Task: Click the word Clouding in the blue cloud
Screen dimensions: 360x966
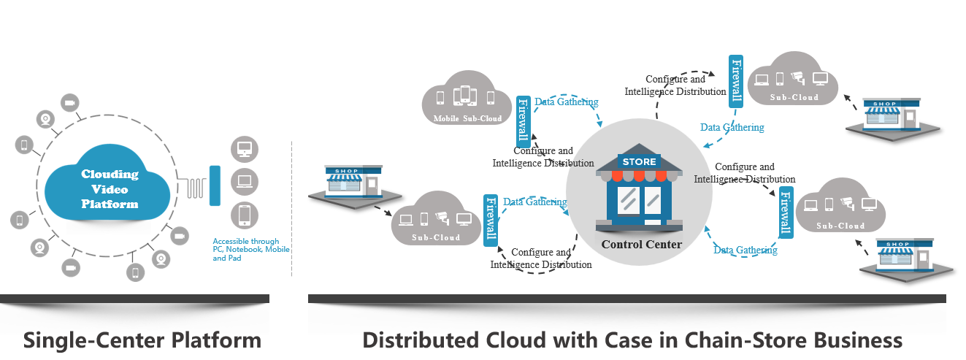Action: click(x=110, y=175)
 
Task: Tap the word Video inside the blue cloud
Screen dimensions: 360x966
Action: click(x=110, y=189)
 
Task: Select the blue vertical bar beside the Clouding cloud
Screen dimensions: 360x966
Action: click(x=215, y=185)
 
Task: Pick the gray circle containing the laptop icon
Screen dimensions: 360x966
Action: click(x=244, y=181)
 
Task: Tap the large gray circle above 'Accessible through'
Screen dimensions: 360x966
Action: click(x=244, y=214)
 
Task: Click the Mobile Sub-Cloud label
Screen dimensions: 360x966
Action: click(x=467, y=118)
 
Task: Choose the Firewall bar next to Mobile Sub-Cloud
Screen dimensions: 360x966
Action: click(x=523, y=120)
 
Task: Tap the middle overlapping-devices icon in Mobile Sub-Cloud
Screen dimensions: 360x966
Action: click(x=465, y=96)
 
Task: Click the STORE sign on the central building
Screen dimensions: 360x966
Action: click(x=639, y=161)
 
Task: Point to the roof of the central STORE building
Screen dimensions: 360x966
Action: click(x=639, y=149)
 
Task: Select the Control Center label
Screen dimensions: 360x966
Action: click(x=641, y=245)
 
